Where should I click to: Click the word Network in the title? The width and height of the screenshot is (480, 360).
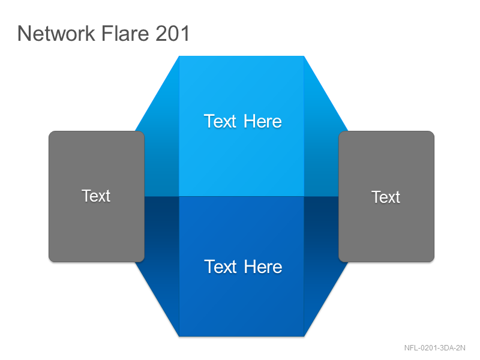[56, 33]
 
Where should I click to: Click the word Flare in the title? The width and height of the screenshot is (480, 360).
[125, 33]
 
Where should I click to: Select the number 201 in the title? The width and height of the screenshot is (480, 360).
[172, 33]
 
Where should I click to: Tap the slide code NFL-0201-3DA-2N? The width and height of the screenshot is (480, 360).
[434, 348]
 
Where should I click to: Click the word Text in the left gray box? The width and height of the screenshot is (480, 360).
[96, 196]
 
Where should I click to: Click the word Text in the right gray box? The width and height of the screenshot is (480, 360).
[386, 197]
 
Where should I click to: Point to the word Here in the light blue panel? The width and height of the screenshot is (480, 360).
[263, 121]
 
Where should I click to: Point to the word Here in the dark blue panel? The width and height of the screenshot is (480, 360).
[263, 266]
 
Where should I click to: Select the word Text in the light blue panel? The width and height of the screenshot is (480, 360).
[220, 121]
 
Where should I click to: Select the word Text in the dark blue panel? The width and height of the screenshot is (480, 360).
[220, 266]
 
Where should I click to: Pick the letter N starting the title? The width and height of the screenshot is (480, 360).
[24, 33]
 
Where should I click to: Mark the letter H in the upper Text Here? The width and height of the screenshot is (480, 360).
[250, 121]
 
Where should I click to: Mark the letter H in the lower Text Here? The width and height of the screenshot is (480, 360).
[250, 266]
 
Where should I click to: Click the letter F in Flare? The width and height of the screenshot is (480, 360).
[107, 33]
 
